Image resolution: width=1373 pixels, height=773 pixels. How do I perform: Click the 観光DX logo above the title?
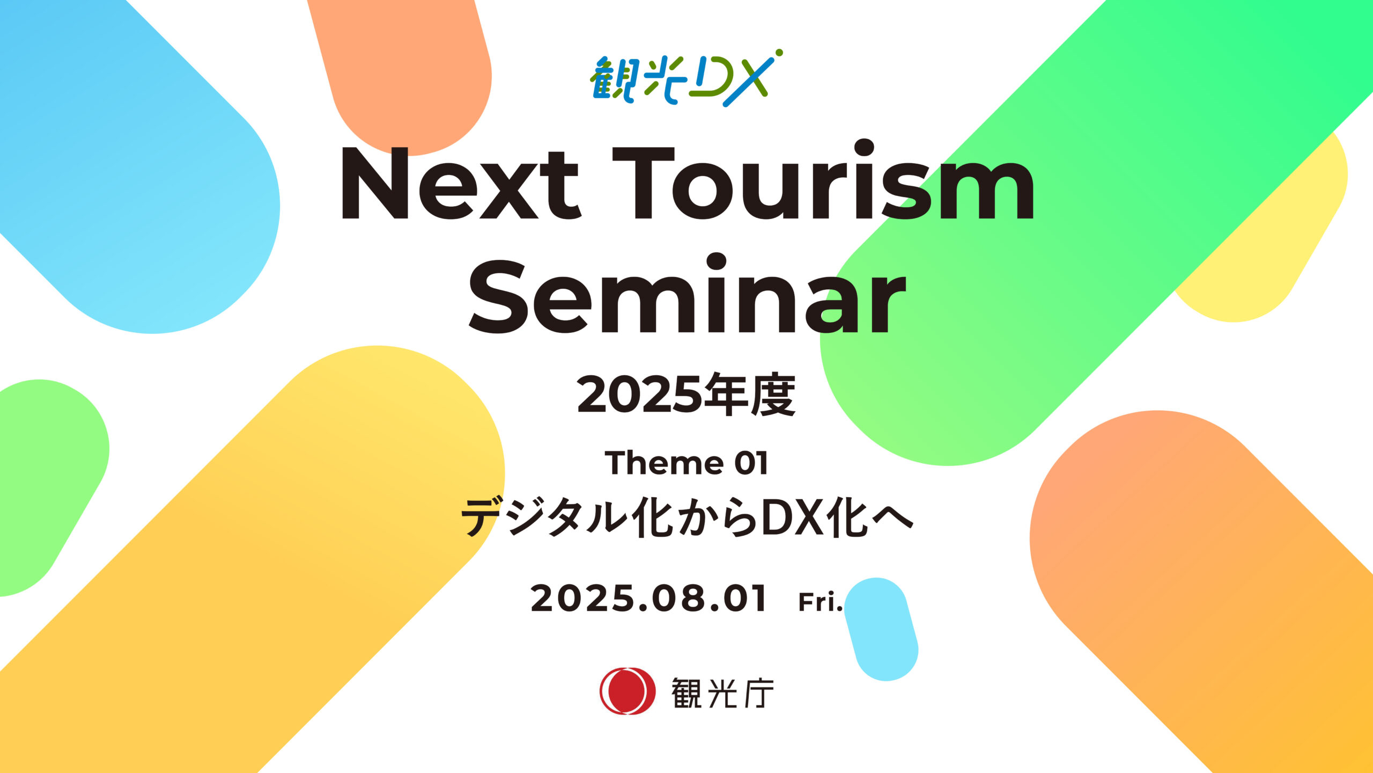coord(686,78)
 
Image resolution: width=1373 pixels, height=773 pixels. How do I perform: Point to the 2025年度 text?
coord(686,395)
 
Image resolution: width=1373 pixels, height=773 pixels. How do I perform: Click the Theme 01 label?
coord(686,463)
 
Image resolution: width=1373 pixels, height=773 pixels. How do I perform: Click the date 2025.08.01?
coord(648,599)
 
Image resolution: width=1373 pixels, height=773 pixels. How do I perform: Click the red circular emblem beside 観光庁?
coord(627,691)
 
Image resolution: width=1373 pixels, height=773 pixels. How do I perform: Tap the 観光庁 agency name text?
coord(722,693)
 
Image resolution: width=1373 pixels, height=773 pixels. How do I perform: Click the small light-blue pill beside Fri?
coord(881,629)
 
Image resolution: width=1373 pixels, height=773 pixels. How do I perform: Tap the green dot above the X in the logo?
coord(779,53)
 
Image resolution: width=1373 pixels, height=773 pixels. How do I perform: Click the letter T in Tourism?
coord(643,183)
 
